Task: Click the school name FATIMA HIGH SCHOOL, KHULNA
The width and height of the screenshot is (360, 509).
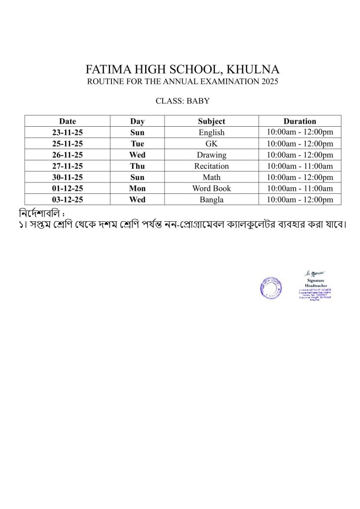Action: tap(182, 69)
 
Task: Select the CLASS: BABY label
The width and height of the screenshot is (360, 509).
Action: tap(182, 101)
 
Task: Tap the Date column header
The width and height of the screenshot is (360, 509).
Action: tap(68, 121)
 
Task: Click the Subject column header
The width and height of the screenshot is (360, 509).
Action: tap(211, 121)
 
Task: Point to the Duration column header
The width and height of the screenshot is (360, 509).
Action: tap(300, 121)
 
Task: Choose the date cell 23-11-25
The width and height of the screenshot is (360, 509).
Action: tap(68, 132)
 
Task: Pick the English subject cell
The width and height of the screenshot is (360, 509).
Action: tap(211, 132)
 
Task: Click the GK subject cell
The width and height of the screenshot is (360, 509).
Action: tap(211, 144)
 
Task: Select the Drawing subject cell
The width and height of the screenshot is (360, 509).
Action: tap(211, 155)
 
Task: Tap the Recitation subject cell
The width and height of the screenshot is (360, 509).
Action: tap(211, 166)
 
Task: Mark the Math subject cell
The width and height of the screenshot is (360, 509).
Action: tap(211, 177)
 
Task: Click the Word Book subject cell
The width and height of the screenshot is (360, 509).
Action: tap(211, 188)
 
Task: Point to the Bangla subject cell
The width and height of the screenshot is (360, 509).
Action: tap(211, 199)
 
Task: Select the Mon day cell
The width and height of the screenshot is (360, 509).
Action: tap(137, 188)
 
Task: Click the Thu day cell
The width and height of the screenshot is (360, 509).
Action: tap(137, 166)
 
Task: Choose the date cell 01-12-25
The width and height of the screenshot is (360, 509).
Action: tap(68, 188)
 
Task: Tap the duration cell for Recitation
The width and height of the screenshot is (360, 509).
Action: tap(300, 166)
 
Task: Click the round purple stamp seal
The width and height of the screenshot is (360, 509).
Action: tap(270, 288)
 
